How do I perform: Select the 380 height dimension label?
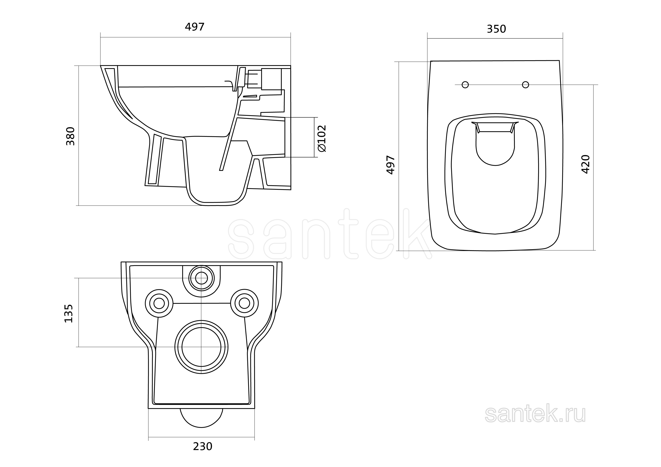point(70,136)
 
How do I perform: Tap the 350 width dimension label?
point(496,29)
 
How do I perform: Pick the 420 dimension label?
point(586,164)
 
